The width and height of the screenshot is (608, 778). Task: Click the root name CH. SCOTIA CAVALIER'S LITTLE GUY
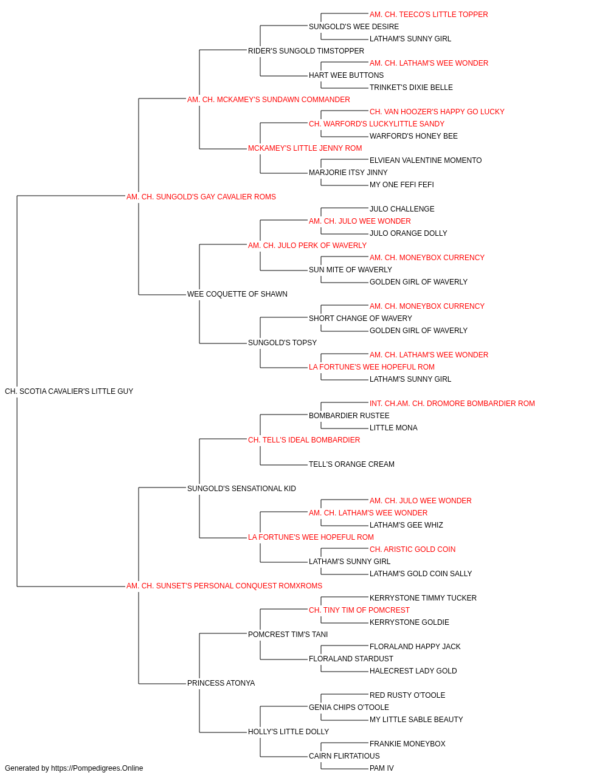[69, 391]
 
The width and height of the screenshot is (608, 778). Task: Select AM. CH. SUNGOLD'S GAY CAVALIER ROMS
[201, 197]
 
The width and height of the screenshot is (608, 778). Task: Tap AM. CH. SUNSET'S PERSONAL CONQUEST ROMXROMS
[224, 586]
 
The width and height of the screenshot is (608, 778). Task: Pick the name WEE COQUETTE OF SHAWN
[237, 294]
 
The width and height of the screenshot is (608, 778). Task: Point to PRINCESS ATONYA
[221, 683]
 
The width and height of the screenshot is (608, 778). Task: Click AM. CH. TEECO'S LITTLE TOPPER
[429, 15]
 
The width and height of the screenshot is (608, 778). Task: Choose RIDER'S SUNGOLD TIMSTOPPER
[306, 51]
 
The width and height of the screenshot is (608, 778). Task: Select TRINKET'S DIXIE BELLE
[411, 88]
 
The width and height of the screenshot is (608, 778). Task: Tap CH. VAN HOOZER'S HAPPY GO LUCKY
[437, 112]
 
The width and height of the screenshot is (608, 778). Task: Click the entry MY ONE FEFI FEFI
[401, 185]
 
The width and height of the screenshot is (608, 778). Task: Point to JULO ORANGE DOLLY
[408, 233]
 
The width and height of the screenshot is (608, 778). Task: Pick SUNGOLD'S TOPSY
[282, 343]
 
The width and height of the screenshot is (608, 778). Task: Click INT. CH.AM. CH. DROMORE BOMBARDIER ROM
[452, 404]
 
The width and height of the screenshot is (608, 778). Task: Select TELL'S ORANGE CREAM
[351, 464]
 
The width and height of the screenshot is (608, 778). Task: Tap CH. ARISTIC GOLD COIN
[412, 549]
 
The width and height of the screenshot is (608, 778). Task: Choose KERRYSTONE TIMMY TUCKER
[423, 598]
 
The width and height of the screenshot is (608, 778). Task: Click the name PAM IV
[381, 768]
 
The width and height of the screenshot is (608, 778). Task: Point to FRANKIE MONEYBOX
[407, 744]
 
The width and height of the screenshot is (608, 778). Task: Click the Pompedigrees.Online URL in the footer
[97, 768]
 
